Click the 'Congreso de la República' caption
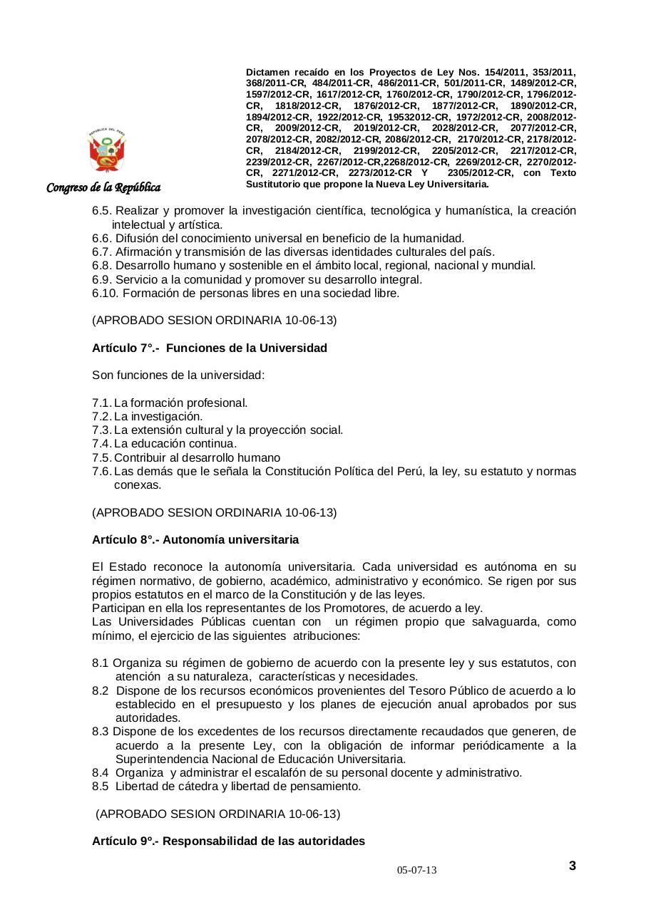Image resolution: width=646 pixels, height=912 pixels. click(103, 187)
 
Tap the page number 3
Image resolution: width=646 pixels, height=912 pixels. click(573, 866)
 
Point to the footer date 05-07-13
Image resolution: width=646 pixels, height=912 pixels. click(417, 871)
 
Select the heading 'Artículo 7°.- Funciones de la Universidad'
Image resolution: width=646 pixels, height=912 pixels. click(210, 348)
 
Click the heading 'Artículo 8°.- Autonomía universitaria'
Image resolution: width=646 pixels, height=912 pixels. click(195, 539)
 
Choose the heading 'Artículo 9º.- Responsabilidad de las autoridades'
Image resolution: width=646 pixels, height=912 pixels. click(228, 841)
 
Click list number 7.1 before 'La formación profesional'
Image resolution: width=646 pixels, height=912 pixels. click(101, 403)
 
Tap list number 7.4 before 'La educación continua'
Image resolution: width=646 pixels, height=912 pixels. click(101, 444)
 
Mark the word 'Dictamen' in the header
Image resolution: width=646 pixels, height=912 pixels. click(268, 73)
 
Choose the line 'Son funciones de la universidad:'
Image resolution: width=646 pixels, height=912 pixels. click(178, 375)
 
